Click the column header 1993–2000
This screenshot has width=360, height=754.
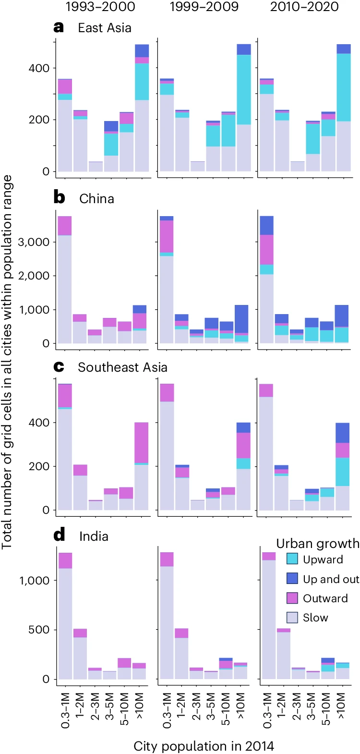click(x=100, y=7)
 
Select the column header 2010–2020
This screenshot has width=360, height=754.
click(x=304, y=7)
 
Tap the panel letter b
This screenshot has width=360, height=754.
click(x=59, y=198)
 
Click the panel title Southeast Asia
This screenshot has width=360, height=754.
click(x=122, y=367)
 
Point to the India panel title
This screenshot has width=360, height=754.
click(x=94, y=536)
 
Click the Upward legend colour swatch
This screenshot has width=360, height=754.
click(x=292, y=559)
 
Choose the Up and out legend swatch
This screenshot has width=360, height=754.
click(x=292, y=579)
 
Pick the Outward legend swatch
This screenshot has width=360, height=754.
click(x=292, y=598)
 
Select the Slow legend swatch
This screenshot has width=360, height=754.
click(x=292, y=618)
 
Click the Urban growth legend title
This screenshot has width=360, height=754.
click(x=317, y=543)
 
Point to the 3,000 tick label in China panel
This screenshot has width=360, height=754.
click(x=34, y=242)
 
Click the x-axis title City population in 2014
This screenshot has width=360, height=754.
click(x=204, y=746)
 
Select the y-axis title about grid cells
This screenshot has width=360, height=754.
click(x=7, y=362)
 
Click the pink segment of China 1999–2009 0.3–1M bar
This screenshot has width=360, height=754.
click(x=167, y=236)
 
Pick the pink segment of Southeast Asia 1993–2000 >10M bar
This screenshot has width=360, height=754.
click(x=142, y=442)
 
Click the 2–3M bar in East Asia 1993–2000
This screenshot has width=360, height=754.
click(x=96, y=166)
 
